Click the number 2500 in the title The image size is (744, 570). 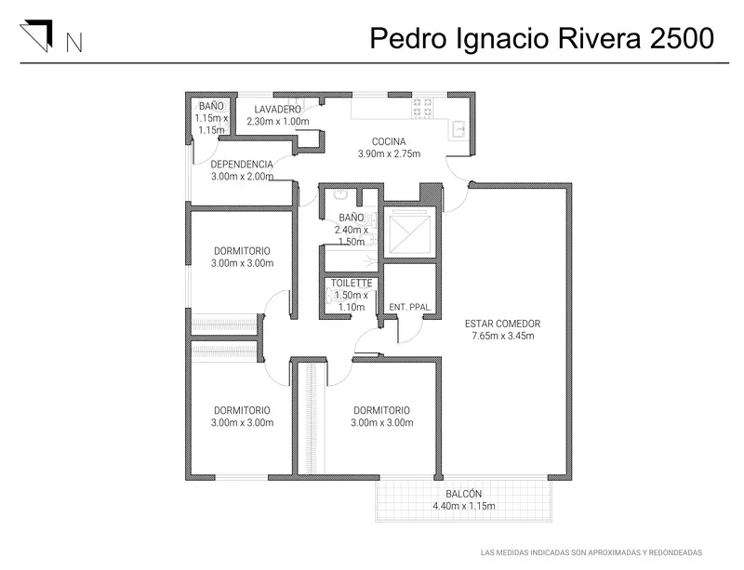[682, 38]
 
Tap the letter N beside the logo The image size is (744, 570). [74, 42]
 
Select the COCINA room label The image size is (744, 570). [389, 141]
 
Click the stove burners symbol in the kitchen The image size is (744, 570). [422, 108]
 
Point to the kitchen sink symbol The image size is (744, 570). [458, 128]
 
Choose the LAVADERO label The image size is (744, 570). [277, 109]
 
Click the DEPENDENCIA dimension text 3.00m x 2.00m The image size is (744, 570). [242, 177]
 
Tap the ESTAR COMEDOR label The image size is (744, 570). [502, 324]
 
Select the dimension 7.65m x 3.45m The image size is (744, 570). [502, 336]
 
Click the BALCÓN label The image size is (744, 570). [463, 494]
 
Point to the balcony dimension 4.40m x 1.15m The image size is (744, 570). [463, 506]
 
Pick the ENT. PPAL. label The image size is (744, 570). [410, 307]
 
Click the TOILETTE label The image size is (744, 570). [352, 283]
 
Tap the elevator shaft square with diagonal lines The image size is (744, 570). [410, 232]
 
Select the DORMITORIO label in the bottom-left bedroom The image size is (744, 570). [242, 410]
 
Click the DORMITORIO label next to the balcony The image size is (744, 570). [381, 410]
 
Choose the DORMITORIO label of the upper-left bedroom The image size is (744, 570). [242, 251]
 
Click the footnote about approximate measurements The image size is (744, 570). [591, 552]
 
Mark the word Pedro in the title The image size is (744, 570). [408, 38]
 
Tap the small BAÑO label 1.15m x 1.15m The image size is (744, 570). [211, 118]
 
